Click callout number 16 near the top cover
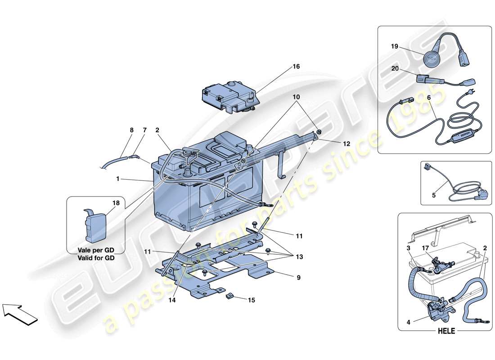(x=296, y=67)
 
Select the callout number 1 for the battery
(x=118, y=179)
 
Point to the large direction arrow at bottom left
(x=19, y=314)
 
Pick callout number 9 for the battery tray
(x=298, y=278)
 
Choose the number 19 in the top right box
(x=395, y=46)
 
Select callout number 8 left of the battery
(x=131, y=130)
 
